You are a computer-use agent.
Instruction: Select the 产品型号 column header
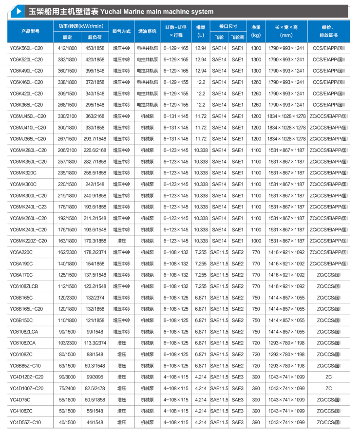(30, 31)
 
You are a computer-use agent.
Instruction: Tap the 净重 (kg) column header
(256, 31)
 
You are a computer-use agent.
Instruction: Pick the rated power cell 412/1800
(67, 48)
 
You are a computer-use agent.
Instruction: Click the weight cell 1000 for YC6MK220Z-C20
(256, 241)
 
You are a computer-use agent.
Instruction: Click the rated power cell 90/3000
(67, 377)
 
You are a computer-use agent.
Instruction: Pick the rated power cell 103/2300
(67, 342)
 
